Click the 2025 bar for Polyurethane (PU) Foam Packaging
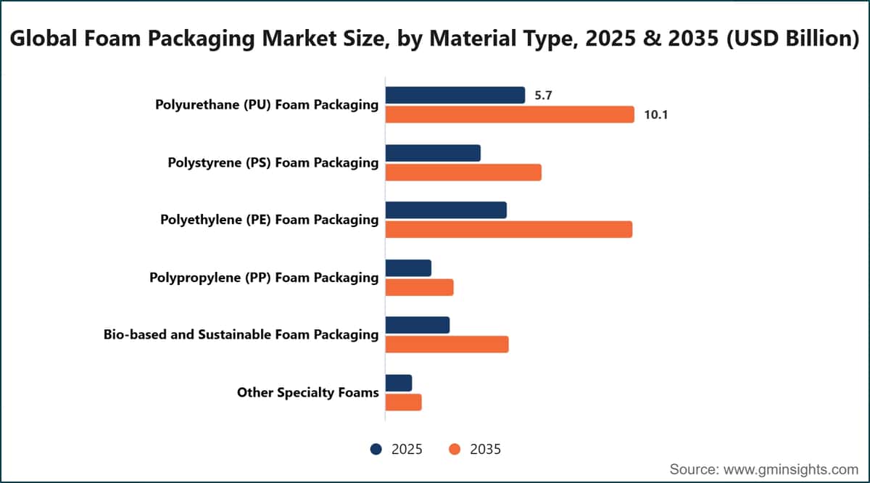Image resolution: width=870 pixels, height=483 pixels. [455, 95]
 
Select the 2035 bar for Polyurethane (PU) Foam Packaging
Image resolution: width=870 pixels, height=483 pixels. [510, 115]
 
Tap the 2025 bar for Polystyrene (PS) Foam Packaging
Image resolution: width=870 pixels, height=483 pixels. [433, 153]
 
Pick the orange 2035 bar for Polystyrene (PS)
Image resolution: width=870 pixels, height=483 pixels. [463, 173]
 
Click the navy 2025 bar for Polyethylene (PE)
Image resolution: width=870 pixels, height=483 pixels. [446, 210]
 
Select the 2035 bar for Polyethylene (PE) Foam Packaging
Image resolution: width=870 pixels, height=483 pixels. [509, 229]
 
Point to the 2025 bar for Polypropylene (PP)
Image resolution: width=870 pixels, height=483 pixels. [408, 268]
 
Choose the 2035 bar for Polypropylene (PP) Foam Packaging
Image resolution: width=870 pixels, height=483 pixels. [419, 287]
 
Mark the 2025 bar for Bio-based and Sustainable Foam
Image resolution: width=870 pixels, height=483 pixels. [418, 325]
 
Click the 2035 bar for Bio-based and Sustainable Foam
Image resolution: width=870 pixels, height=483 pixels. [447, 344]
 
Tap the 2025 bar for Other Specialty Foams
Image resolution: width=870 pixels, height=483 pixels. [399, 383]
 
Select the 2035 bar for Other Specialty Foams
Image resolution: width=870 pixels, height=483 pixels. [403, 402]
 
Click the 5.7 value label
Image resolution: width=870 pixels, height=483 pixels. [543, 96]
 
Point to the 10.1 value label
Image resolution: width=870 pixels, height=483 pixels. [656, 115]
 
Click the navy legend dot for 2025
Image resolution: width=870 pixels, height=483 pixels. [376, 449]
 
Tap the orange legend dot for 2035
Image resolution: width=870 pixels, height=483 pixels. [455, 449]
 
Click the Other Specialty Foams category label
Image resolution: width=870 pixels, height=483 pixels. [308, 393]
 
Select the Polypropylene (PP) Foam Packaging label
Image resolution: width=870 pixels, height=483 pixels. [264, 278]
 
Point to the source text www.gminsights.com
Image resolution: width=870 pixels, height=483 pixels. [791, 469]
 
